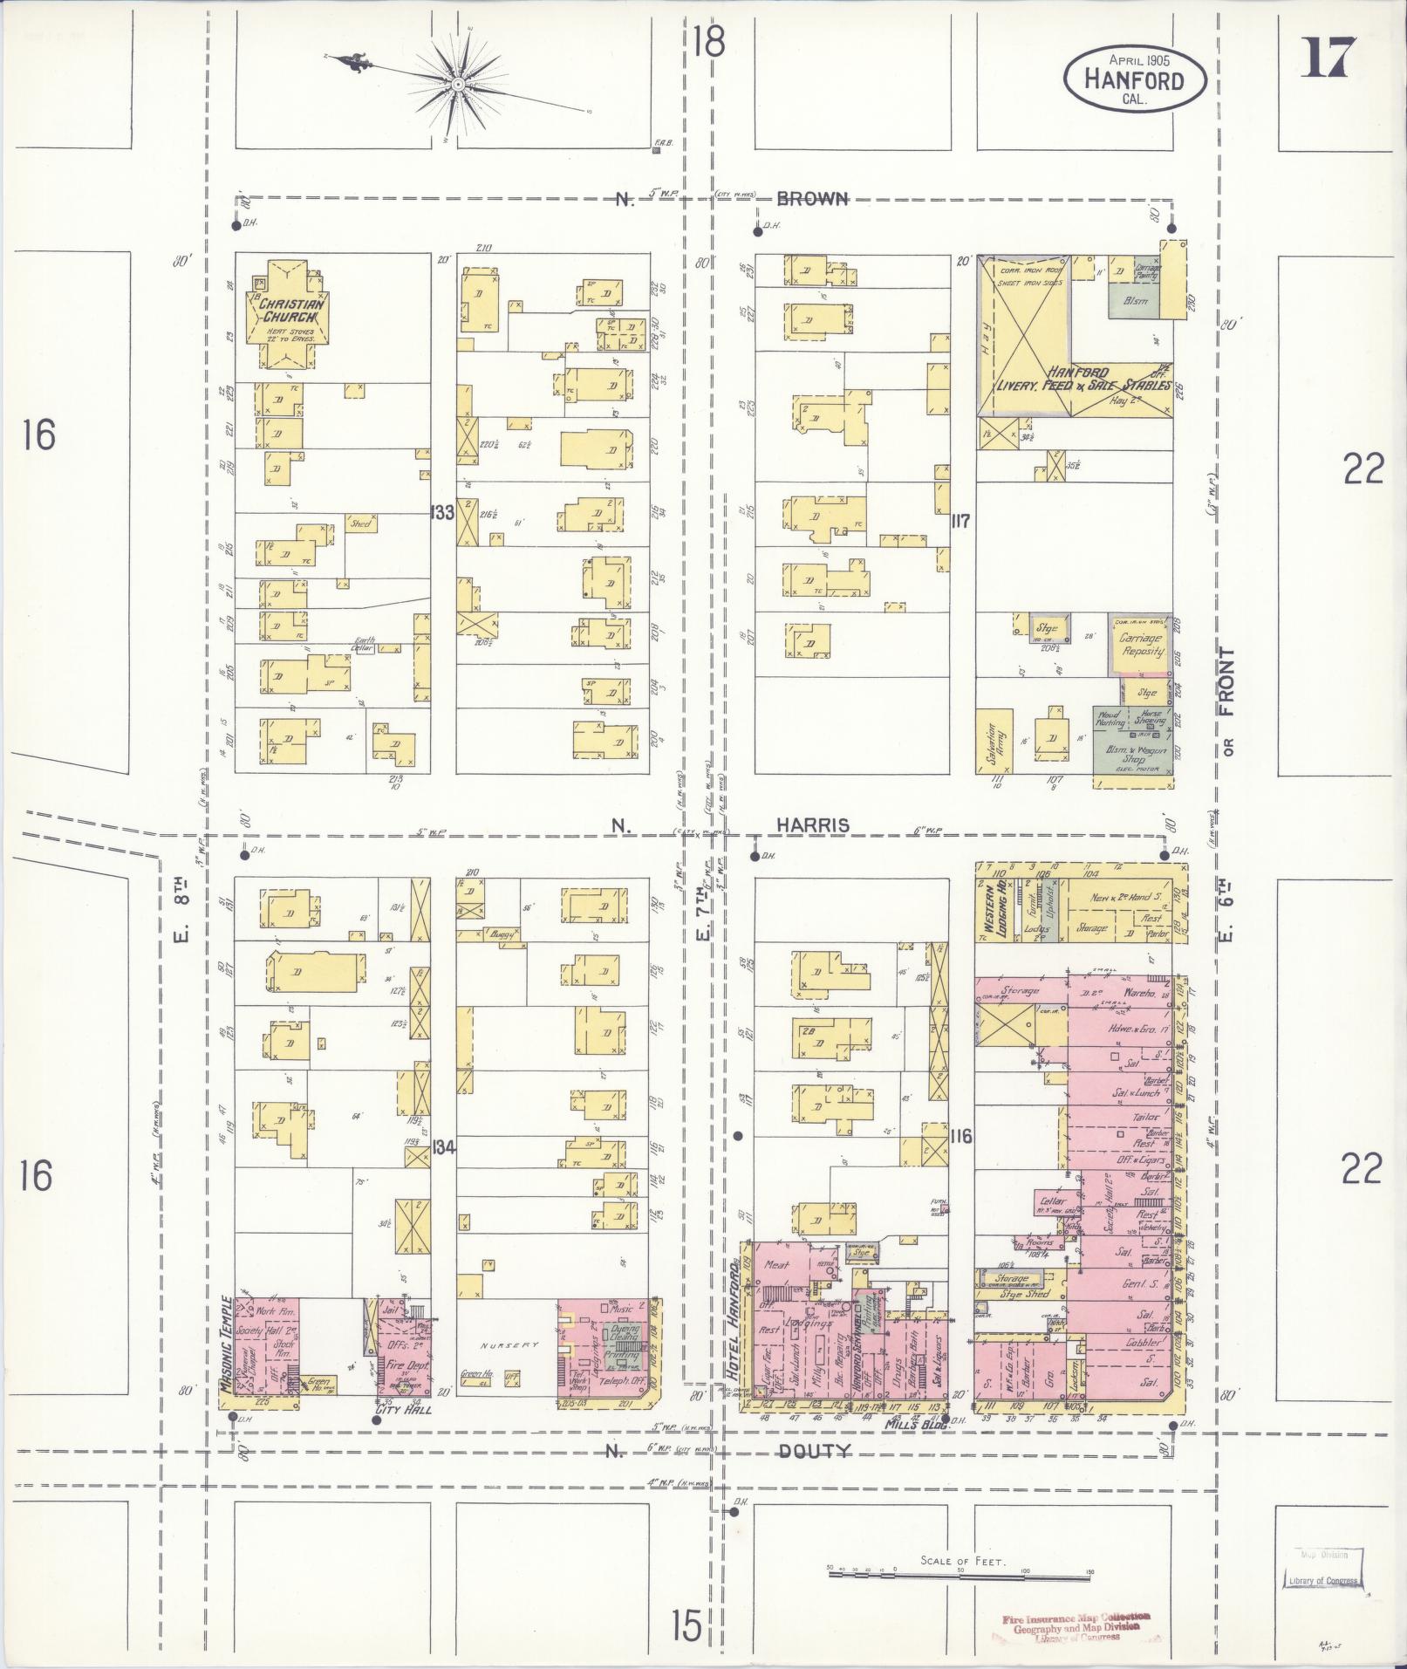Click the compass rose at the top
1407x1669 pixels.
click(457, 84)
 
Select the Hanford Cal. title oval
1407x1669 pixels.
click(1134, 79)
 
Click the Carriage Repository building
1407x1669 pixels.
click(1140, 644)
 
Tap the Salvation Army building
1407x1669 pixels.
click(995, 741)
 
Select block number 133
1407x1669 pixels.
click(442, 512)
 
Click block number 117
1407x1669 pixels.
click(961, 521)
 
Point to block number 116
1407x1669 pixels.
click(961, 1136)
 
